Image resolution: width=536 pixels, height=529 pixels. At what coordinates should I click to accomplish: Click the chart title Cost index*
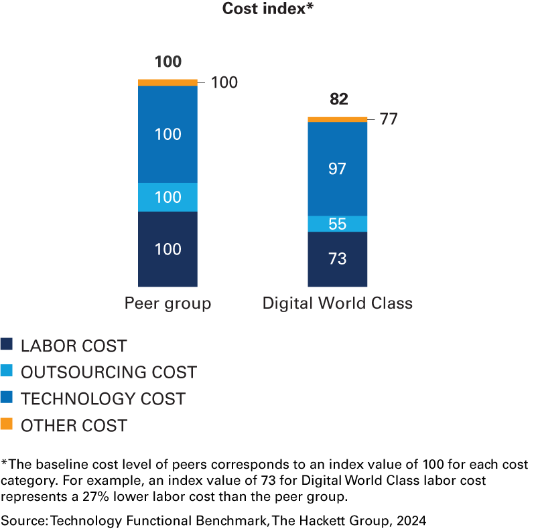coord(268,9)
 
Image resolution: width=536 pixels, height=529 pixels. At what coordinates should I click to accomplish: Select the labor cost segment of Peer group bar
coord(167,249)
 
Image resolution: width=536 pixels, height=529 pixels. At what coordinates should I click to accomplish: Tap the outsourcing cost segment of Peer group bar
coord(167,197)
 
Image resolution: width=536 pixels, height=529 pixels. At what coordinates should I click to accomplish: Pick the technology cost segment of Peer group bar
coord(167,134)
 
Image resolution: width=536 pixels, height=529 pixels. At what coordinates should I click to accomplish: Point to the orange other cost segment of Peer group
coord(167,82)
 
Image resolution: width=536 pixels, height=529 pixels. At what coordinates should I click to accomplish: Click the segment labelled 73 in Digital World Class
coord(338,258)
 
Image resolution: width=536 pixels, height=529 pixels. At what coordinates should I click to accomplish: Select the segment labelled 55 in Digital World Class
coord(338,224)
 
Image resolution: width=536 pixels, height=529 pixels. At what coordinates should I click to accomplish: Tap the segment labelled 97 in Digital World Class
coord(338,169)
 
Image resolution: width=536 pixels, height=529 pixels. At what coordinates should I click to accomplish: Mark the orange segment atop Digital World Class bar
coord(338,119)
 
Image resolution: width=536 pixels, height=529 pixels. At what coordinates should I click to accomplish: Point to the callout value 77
coord(389,120)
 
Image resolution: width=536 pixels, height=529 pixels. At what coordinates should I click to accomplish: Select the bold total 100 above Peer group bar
coord(167,62)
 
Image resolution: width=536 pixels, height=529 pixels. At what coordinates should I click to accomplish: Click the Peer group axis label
coord(167,303)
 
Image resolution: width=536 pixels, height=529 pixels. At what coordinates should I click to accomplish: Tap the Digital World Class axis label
coord(338,303)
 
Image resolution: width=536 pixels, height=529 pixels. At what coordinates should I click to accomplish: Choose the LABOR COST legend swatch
coord(7,346)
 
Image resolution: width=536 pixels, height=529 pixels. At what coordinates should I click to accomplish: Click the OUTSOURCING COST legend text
coord(109,372)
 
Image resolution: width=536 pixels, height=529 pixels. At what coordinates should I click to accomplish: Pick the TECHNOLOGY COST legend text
coord(103,399)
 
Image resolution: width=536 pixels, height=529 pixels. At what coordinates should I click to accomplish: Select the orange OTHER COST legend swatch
coord(7,425)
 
